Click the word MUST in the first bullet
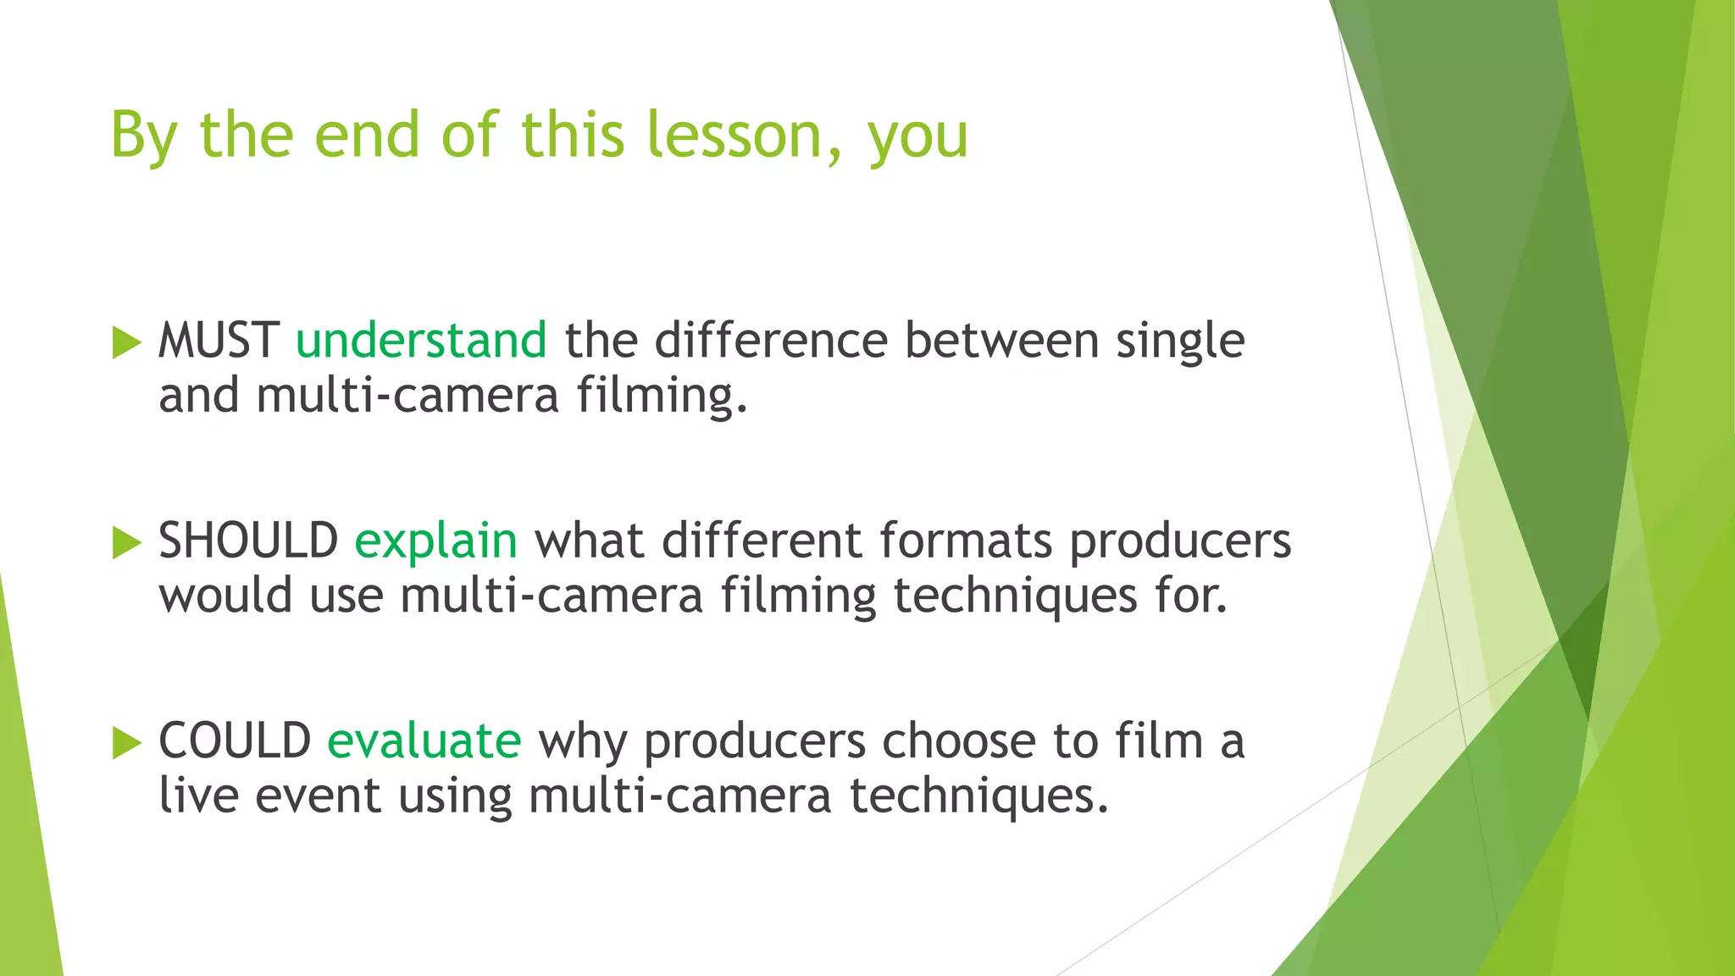click(219, 341)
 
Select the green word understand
click(421, 341)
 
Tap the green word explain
click(435, 541)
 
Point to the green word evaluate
click(424, 740)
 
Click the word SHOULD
click(248, 541)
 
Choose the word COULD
click(235, 740)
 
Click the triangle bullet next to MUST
click(126, 343)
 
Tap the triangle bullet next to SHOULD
click(126, 543)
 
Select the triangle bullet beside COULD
click(126, 743)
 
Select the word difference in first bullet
click(771, 341)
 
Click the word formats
click(966, 541)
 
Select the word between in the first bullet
click(1001, 341)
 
